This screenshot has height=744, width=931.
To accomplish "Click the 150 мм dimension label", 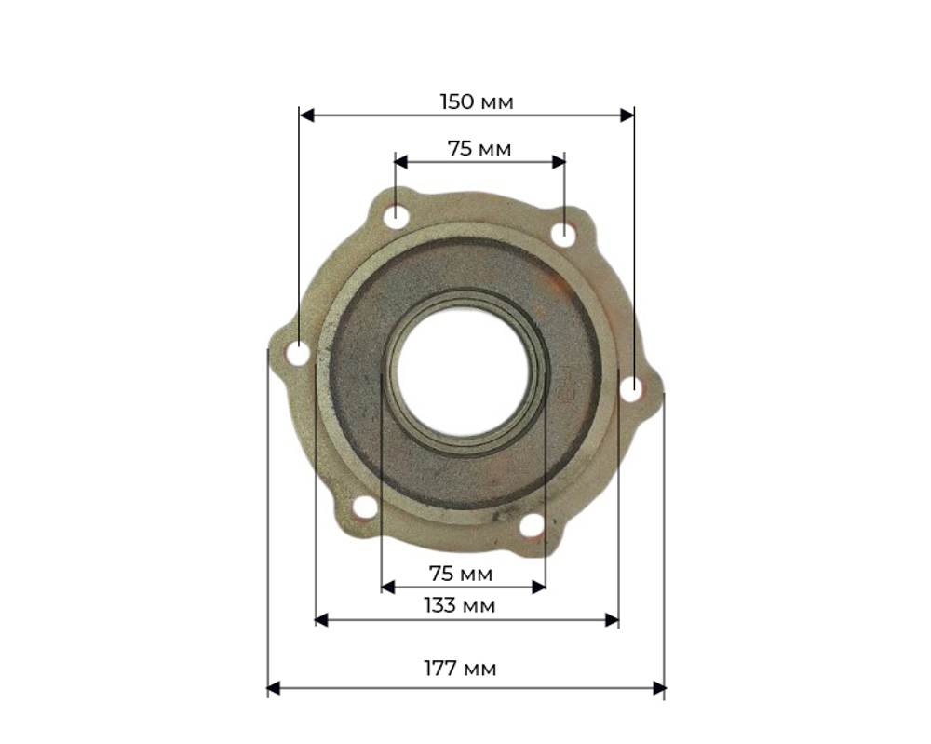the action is [477, 102].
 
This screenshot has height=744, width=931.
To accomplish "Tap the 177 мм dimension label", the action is [460, 669].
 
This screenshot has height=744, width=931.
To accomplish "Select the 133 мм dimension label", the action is [460, 605].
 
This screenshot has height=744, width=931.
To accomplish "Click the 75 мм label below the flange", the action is [461, 575].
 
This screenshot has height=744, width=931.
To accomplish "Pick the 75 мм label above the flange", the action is [479, 148].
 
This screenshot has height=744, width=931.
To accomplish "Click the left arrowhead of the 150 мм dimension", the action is [306, 115].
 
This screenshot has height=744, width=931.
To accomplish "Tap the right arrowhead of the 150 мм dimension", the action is [627, 115].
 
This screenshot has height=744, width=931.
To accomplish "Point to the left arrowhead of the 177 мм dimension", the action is [273, 689].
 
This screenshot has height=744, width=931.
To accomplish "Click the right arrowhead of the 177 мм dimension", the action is [659, 689].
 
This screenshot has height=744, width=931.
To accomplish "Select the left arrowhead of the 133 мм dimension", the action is [321, 620].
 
